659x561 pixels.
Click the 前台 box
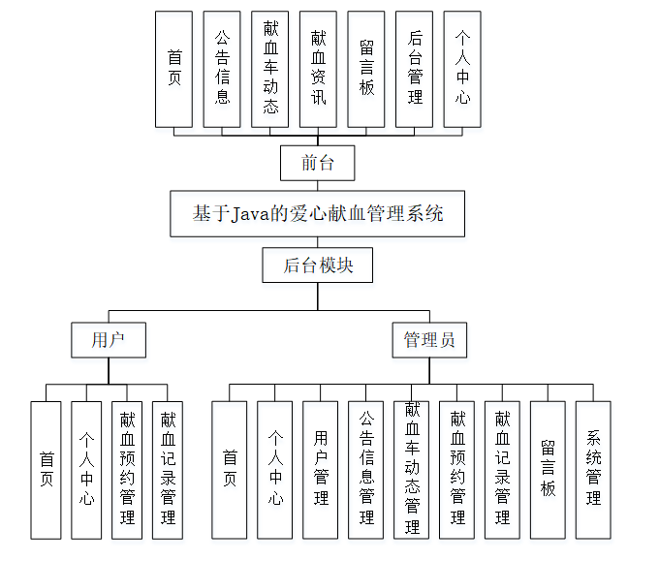(x=317, y=163)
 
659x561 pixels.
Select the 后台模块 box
(x=317, y=265)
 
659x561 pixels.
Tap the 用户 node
(x=109, y=340)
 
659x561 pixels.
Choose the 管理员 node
(x=429, y=340)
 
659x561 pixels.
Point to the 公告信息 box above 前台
(x=222, y=69)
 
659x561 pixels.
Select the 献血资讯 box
(x=318, y=69)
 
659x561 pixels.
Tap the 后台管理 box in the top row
(x=414, y=69)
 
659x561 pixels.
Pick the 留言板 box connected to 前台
(x=365, y=69)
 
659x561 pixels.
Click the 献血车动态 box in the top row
(x=270, y=69)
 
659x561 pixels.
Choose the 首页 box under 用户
(x=46, y=470)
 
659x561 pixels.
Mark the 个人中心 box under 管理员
(x=275, y=470)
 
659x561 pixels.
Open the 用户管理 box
(x=321, y=470)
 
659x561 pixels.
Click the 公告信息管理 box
(x=366, y=470)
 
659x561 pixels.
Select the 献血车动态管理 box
(x=412, y=470)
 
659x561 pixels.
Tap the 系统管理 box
(x=593, y=470)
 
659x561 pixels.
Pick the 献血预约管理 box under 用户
(x=127, y=470)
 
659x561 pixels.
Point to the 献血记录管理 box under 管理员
(x=502, y=470)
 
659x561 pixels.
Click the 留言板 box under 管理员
(x=548, y=470)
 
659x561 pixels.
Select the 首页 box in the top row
(x=174, y=69)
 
